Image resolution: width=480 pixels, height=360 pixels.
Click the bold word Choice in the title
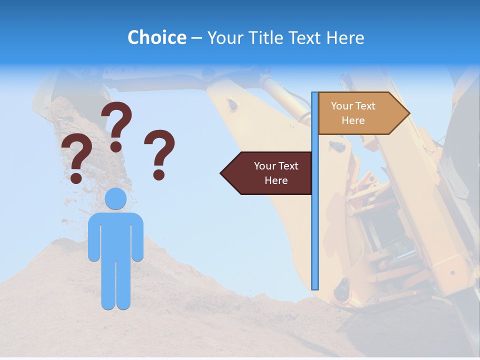[x=156, y=37]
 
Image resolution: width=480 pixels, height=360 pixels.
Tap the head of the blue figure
[x=115, y=199]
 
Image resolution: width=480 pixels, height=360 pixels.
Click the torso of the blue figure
[x=115, y=235]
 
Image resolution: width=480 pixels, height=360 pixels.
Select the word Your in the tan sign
[x=342, y=106]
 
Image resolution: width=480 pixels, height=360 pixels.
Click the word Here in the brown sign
[x=276, y=180]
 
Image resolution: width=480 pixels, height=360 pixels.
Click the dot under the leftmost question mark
[x=76, y=177]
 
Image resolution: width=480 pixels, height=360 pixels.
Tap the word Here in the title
[x=345, y=37]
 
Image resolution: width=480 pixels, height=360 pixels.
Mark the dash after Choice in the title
[x=196, y=38]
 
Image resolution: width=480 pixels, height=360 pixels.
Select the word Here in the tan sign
[x=353, y=120]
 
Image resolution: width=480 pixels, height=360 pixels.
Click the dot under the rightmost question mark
[x=159, y=174]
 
